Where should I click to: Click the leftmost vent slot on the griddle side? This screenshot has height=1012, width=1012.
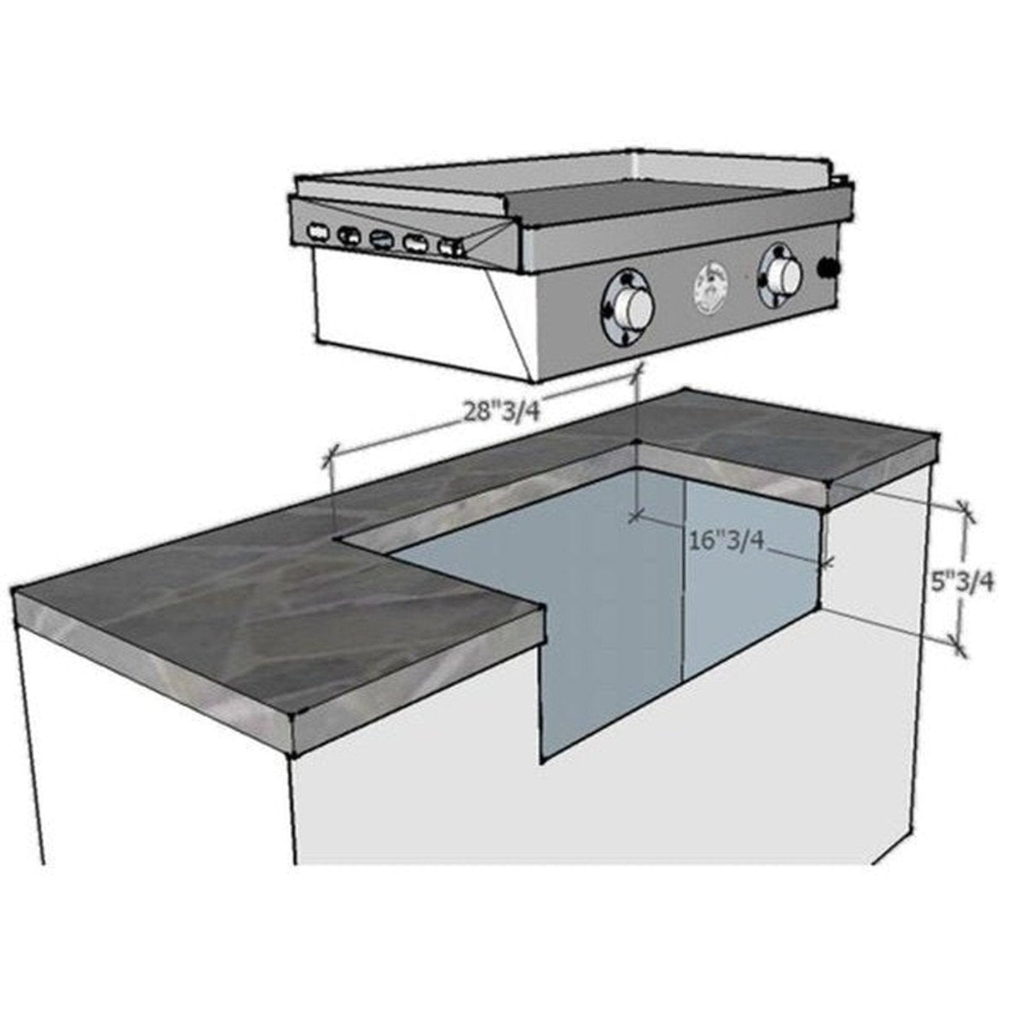318,233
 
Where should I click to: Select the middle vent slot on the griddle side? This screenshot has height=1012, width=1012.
380,239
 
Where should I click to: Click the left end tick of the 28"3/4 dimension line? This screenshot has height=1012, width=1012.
331,456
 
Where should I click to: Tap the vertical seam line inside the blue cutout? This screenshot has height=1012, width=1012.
684,578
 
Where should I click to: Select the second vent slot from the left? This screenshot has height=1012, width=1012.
349,236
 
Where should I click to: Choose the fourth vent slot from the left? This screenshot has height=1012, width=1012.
415,242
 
